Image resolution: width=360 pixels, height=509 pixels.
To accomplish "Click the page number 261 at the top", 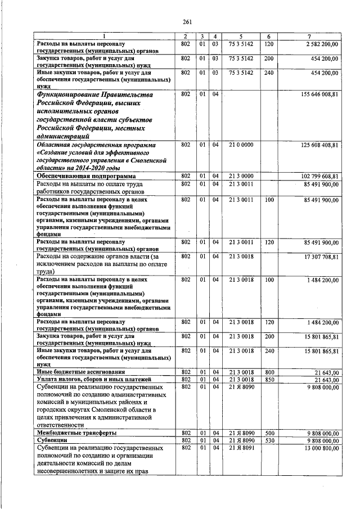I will click(x=188, y=22).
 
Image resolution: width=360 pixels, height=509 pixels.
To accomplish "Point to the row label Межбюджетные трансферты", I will click(x=76, y=433).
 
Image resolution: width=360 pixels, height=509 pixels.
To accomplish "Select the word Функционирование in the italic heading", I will click(x=70, y=95).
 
